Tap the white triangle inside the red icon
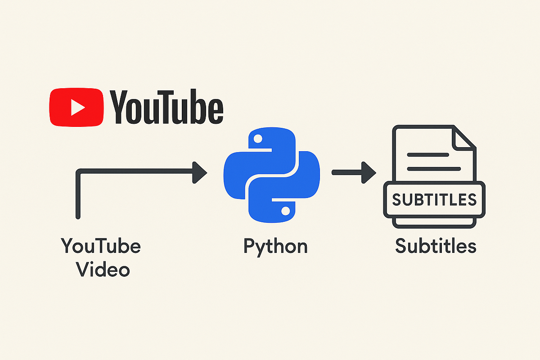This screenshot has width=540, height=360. click(78, 107)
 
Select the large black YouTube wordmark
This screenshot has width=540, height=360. click(167, 107)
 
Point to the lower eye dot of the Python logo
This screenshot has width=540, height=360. click(285, 210)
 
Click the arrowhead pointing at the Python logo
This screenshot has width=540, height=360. click(199, 172)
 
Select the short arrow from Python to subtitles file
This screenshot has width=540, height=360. click(353, 172)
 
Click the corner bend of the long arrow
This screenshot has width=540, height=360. click(79, 172)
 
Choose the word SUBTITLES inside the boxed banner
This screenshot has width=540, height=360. click(434, 198)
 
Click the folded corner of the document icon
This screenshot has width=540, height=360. click(463, 137)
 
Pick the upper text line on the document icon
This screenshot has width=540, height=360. click(427, 154)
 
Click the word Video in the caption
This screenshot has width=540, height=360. click(103, 270)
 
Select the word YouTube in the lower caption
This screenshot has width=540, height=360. click(101, 246)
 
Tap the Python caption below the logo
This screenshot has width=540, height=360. click(275, 247)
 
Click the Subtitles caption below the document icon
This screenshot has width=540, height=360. click(435, 246)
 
